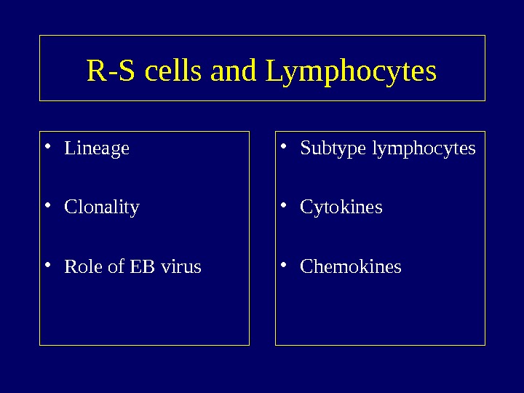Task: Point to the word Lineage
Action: (97, 148)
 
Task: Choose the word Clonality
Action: (102, 207)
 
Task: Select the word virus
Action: (180, 266)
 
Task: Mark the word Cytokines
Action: (341, 207)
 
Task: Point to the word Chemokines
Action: (351, 266)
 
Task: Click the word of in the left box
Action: (116, 266)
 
